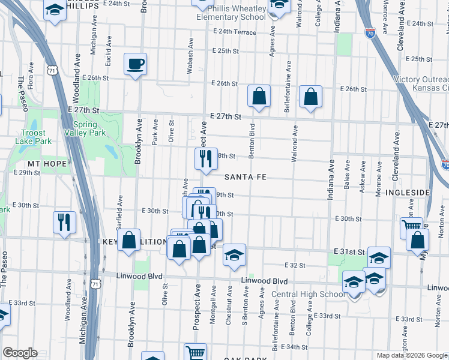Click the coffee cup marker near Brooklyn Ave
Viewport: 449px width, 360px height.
(135, 64)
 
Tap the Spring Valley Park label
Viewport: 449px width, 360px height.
(85, 128)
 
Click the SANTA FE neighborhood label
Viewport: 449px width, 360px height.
(245, 178)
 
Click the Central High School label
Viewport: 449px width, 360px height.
(308, 294)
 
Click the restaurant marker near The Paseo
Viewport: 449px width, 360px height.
(63, 222)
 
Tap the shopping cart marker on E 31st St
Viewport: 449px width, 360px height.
(411, 227)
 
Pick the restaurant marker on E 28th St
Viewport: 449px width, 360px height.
(205, 158)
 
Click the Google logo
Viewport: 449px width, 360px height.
(20, 352)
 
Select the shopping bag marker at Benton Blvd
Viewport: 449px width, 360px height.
(259, 95)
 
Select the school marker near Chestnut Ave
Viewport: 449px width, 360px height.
(234, 254)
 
